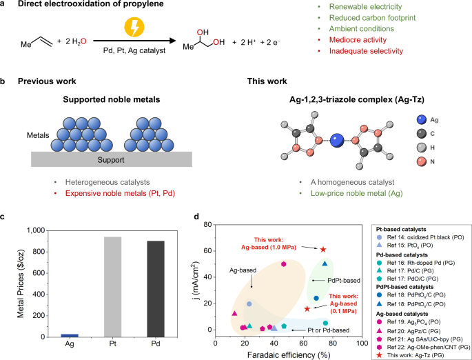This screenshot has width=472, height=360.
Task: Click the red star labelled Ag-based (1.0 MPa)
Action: click(x=323, y=249)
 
